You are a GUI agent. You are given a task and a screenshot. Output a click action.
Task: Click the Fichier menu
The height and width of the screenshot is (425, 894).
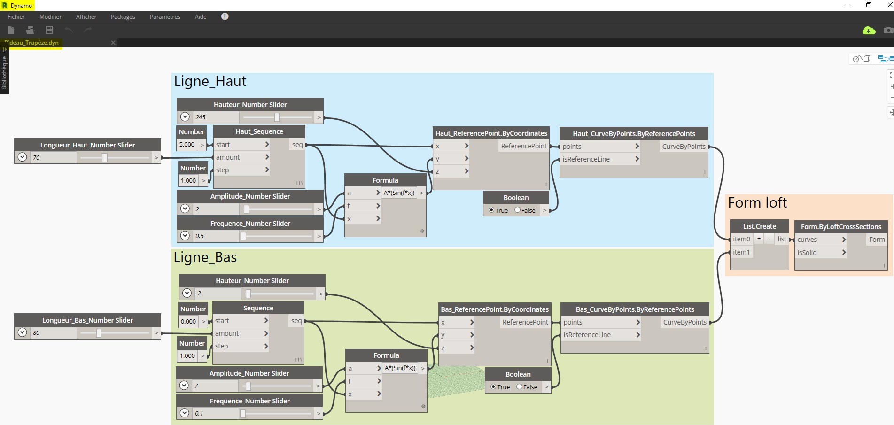[x=16, y=17]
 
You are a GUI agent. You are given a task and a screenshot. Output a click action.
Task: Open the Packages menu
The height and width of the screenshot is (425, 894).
[x=123, y=17]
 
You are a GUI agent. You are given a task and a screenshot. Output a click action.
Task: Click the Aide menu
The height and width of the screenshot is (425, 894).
[x=201, y=17]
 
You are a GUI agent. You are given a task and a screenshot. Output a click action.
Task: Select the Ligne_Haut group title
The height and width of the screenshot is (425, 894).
[x=210, y=81]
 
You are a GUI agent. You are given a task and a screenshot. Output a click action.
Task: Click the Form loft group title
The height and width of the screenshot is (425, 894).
[x=757, y=203]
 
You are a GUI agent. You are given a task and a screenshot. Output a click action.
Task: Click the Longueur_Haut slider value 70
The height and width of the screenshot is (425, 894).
[x=52, y=158]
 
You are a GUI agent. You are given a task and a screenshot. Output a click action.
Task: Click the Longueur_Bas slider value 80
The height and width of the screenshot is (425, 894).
[x=52, y=333]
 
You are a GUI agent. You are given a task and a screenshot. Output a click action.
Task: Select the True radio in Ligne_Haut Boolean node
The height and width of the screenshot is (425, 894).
[x=491, y=210]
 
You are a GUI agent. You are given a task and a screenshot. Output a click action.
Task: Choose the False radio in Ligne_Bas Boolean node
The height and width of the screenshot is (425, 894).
[x=519, y=387]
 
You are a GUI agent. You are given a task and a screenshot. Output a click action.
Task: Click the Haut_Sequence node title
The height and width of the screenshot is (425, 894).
[x=259, y=131]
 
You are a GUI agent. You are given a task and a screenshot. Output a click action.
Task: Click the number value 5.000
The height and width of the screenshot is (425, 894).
[x=187, y=145]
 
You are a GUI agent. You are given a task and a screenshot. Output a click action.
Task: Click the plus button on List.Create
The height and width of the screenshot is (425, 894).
[x=759, y=239]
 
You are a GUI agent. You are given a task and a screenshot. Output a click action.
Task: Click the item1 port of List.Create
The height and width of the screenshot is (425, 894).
[x=741, y=252]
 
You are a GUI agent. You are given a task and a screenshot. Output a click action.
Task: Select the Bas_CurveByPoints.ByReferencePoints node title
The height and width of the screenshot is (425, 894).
[x=635, y=309]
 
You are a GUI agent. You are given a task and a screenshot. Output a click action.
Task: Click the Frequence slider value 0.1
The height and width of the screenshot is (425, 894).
[x=214, y=414]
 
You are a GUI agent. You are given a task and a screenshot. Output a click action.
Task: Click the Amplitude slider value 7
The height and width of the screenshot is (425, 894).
[x=214, y=386]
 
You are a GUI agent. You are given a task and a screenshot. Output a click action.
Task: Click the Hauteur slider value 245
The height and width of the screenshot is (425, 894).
[x=214, y=117]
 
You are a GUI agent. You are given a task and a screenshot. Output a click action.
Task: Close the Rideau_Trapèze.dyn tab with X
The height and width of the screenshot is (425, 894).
[x=113, y=43]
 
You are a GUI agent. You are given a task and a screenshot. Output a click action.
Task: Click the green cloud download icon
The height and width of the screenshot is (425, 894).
[x=869, y=31]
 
